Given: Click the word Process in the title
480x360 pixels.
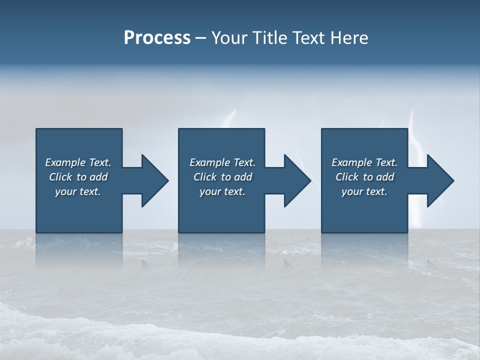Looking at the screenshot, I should click(157, 38).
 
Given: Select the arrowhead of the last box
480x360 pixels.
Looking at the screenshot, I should click(439, 180).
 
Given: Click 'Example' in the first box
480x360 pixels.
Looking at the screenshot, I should click(65, 162).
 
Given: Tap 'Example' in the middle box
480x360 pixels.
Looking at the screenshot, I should click(209, 162).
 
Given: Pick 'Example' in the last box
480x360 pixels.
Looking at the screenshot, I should click(351, 162).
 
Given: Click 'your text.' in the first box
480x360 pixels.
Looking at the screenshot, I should click(78, 191).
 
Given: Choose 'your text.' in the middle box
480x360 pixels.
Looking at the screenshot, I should click(222, 191).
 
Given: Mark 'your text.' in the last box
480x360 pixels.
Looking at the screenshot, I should click(364, 191).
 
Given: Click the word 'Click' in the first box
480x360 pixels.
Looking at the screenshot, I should click(60, 177).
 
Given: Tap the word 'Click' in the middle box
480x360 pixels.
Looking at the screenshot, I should click(205, 177).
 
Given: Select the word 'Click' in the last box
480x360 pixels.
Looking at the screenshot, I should click(347, 177).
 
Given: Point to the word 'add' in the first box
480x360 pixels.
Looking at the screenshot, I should click(98, 177).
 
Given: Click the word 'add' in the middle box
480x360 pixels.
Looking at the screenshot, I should click(243, 177).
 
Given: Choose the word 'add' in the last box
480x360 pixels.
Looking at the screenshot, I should click(385, 177).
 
